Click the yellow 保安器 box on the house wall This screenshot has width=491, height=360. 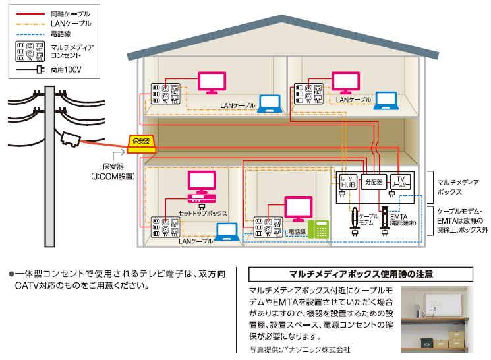140,142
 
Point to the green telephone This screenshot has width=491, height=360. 320,229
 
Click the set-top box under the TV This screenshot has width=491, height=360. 202,198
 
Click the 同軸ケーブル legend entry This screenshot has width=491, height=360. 70,14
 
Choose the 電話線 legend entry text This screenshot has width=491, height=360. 61,32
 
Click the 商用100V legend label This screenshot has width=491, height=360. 65,69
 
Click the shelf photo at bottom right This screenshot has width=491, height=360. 436,320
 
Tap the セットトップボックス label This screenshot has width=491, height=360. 202,214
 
